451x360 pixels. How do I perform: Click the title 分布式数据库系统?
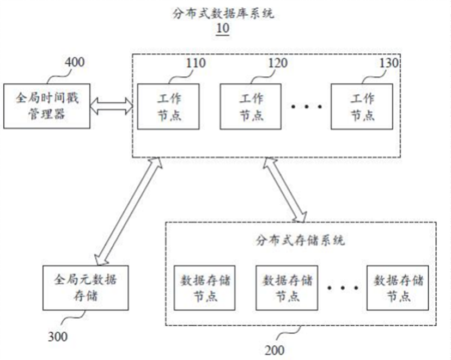[x=223, y=13]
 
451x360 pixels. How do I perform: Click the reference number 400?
[x=74, y=62]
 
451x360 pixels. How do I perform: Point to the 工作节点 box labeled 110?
[x=168, y=106]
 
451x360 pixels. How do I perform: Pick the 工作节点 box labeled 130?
[x=362, y=106]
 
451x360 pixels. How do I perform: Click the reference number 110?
[x=195, y=63]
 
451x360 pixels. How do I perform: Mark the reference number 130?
[x=389, y=63]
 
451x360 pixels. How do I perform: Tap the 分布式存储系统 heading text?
[x=300, y=239]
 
